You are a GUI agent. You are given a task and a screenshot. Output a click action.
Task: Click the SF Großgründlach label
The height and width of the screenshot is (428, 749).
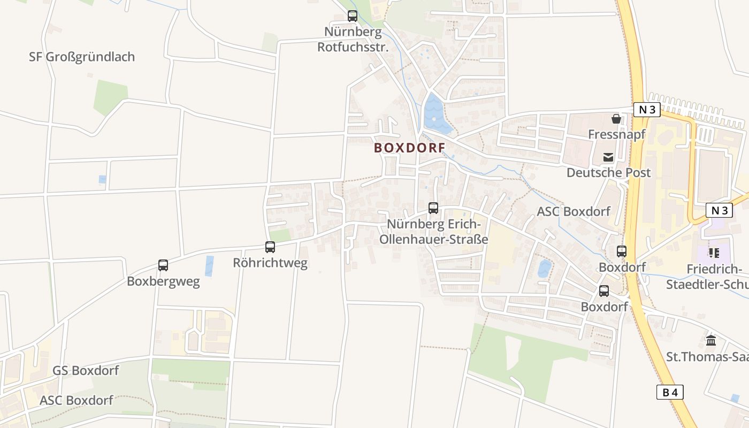tap(82, 57)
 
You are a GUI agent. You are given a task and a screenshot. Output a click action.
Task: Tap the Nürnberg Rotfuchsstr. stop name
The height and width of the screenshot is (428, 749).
tap(353, 40)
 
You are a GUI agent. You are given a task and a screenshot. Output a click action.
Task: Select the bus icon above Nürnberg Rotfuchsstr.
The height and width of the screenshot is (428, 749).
tap(353, 16)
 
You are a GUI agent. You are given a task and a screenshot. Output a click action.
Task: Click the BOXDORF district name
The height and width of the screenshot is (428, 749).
tap(409, 148)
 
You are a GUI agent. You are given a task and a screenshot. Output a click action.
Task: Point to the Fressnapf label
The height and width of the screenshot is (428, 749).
tap(616, 134)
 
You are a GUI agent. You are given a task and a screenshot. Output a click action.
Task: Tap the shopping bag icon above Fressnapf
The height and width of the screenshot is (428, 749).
tap(616, 119)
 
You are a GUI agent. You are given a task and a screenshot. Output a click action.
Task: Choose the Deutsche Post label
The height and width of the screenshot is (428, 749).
tap(608, 173)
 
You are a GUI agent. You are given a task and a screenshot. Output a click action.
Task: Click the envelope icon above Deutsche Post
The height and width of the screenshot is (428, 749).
tap(608, 157)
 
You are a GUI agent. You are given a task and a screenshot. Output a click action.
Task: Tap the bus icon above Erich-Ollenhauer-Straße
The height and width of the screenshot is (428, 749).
tap(433, 208)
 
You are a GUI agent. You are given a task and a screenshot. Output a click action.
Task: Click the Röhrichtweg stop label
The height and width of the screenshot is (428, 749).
tap(270, 263)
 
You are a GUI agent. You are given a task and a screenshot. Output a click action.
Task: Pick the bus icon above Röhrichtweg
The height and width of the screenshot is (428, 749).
tap(270, 247)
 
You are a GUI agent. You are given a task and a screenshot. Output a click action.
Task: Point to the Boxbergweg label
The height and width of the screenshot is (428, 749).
tap(163, 281)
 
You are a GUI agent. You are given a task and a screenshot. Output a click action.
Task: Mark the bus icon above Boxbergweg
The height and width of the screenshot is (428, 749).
tap(163, 265)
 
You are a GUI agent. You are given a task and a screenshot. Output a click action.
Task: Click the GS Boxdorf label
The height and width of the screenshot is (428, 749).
tap(86, 370)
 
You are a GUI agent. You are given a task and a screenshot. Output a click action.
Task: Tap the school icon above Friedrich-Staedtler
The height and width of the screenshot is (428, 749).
tap(713, 253)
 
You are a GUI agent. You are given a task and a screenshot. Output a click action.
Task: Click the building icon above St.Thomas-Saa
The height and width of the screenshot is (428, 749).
tap(711, 340)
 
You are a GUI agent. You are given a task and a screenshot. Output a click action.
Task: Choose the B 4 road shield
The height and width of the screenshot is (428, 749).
tap(670, 392)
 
